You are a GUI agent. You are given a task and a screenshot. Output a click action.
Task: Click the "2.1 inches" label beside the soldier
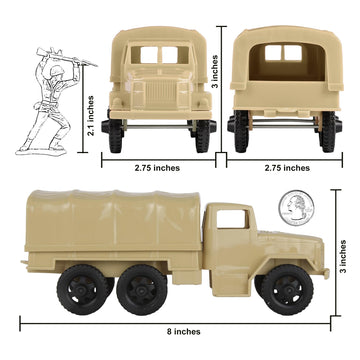click(x=90, y=116)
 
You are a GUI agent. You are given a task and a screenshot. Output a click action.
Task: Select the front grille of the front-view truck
click(x=161, y=98)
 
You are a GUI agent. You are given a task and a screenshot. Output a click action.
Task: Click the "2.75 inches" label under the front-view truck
click(x=161, y=168)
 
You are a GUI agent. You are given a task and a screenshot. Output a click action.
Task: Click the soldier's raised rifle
click(x=46, y=47)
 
